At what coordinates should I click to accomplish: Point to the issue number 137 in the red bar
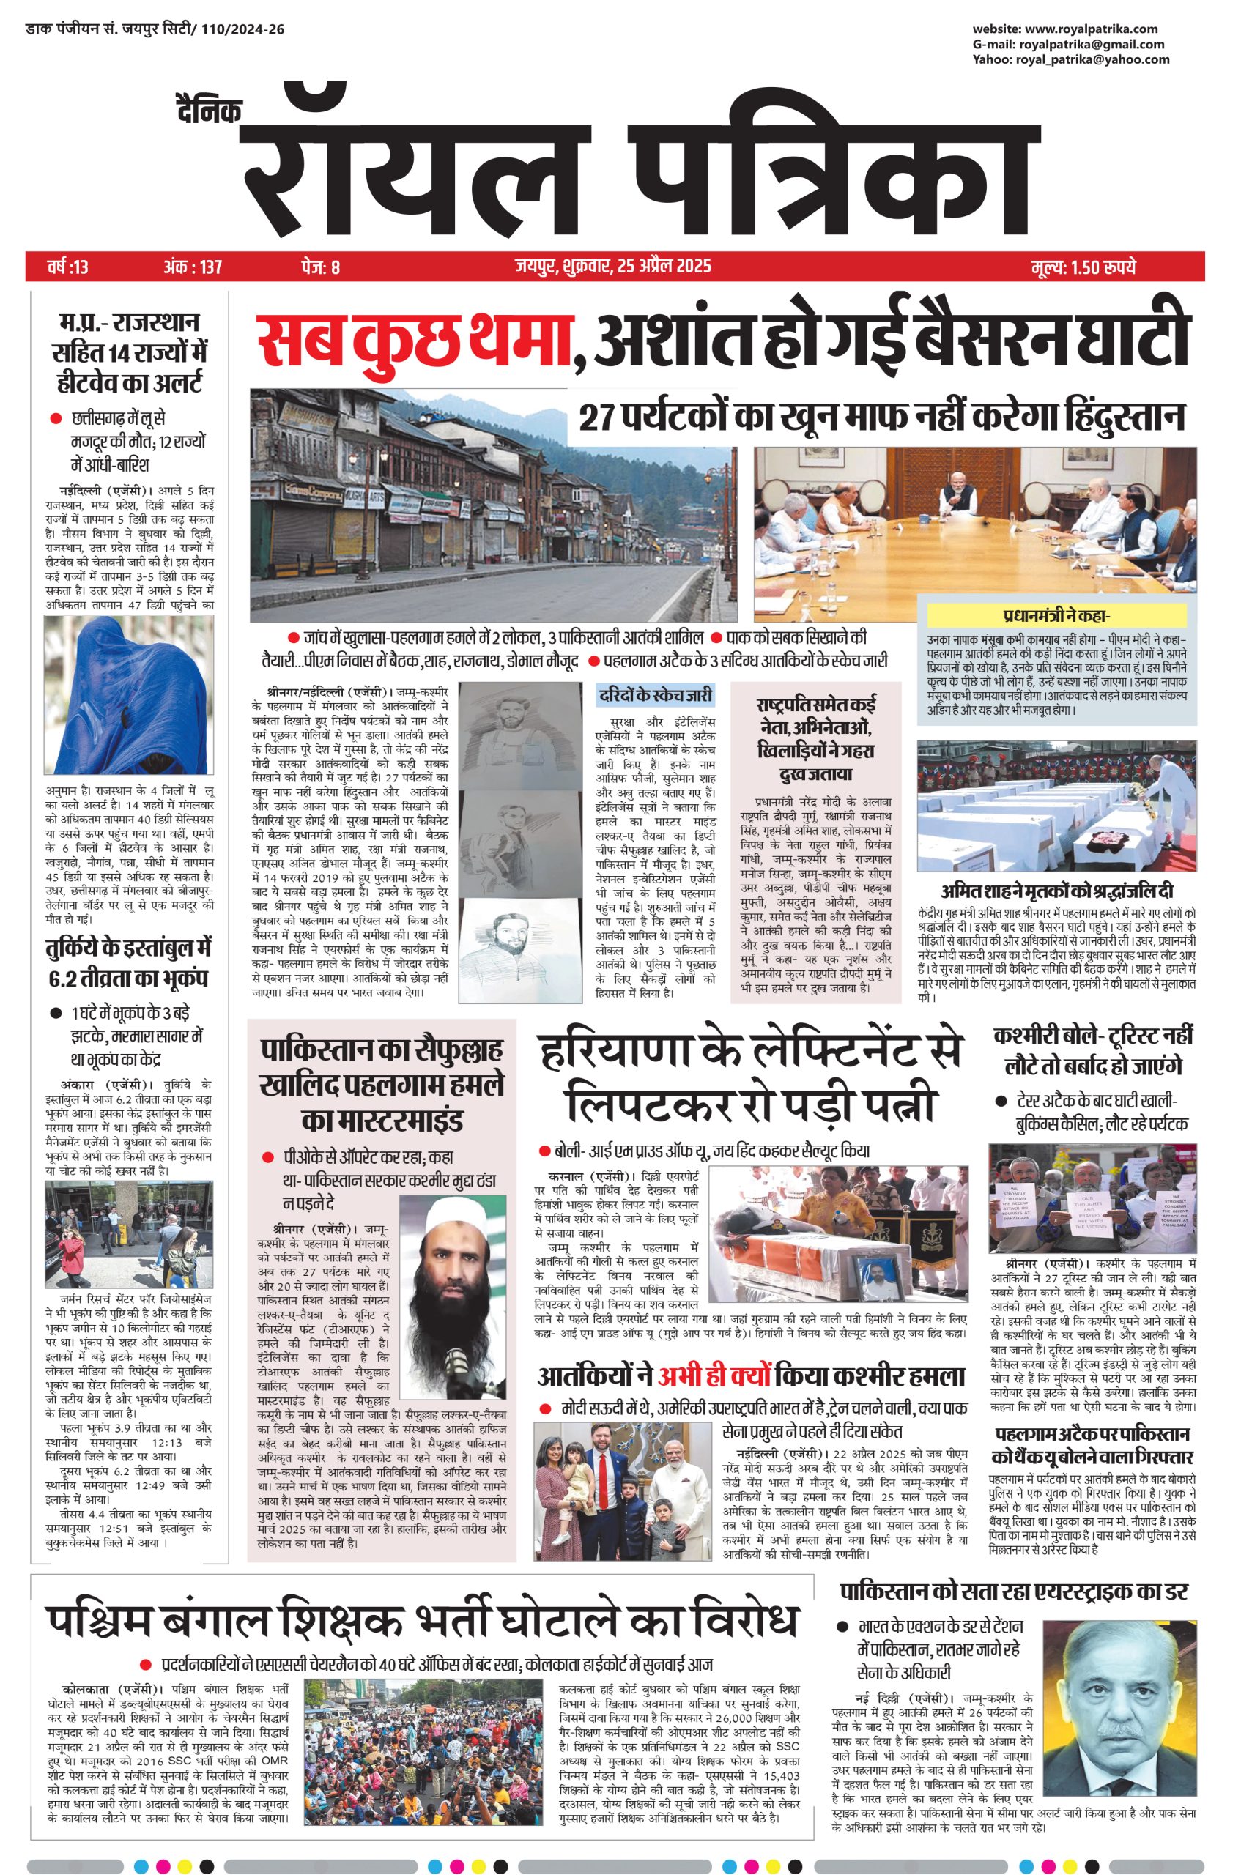tap(210, 267)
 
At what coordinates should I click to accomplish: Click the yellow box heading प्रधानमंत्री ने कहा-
tap(1056, 615)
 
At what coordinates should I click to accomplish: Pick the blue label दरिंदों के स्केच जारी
tap(656, 694)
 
